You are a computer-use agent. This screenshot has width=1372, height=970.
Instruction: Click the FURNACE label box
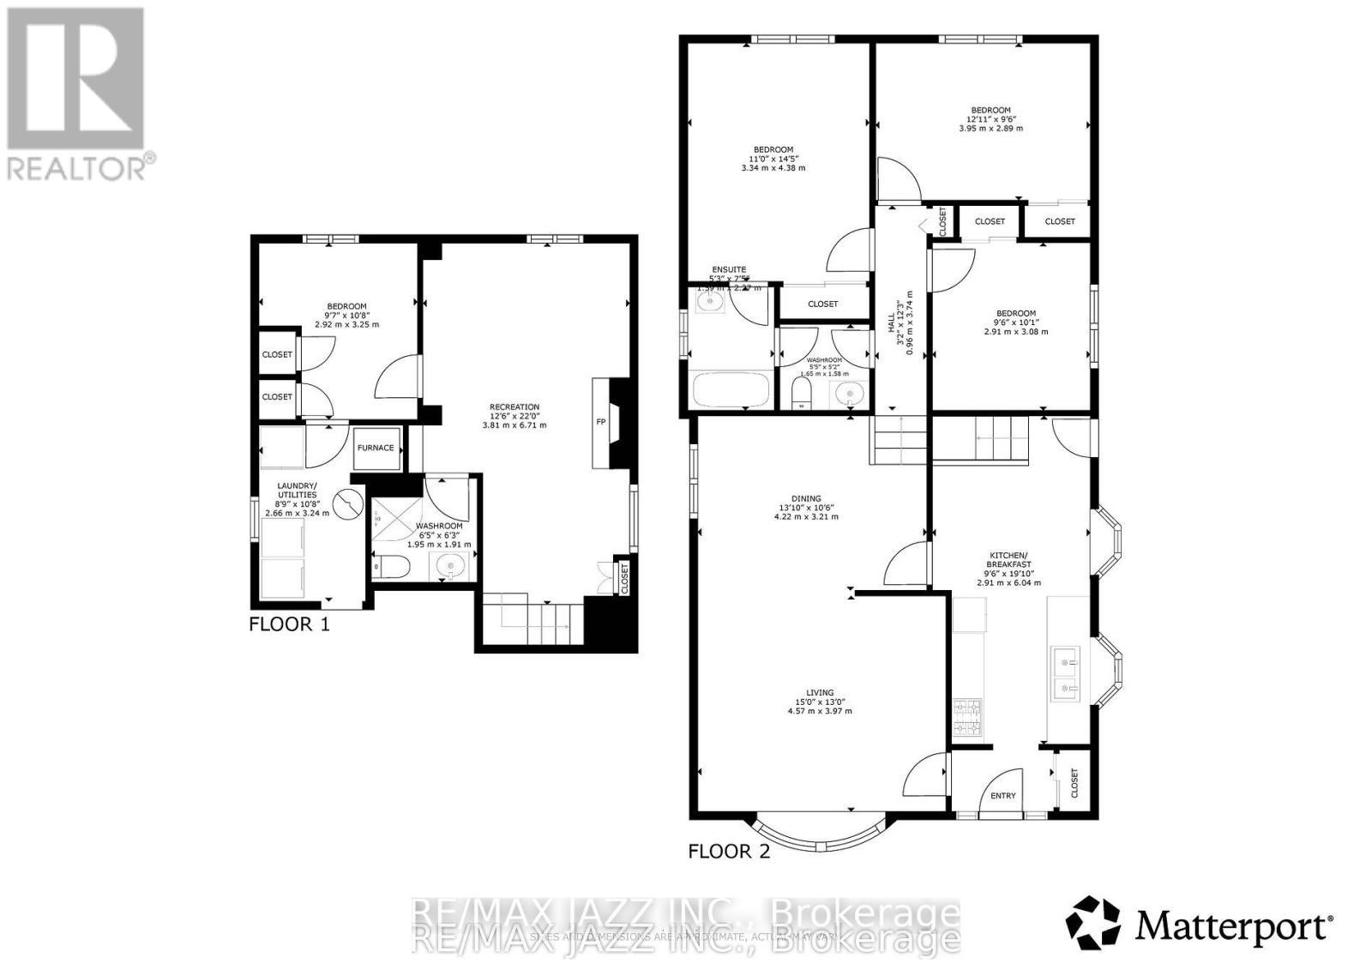tap(376, 448)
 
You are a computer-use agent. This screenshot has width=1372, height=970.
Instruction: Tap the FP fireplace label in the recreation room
tap(600, 422)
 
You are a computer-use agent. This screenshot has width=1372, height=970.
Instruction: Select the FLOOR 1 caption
tap(289, 624)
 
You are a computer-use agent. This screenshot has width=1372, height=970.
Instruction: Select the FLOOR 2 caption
tap(729, 852)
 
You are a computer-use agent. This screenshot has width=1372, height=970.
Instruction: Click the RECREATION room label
tap(514, 407)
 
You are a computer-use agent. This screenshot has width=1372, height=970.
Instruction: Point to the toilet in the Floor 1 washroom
tap(394, 566)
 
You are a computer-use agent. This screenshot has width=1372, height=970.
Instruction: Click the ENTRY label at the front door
tap(1002, 796)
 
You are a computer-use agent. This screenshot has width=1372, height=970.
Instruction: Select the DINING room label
tap(806, 498)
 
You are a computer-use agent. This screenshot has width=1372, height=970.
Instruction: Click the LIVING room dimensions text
tap(814, 711)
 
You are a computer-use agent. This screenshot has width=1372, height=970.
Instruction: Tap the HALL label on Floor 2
tap(891, 322)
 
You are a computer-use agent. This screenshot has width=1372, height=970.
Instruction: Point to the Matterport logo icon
tap(1093, 924)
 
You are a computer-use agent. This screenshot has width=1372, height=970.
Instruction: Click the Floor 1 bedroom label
tap(346, 306)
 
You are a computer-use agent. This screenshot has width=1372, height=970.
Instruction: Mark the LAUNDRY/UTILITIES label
tap(297, 491)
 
